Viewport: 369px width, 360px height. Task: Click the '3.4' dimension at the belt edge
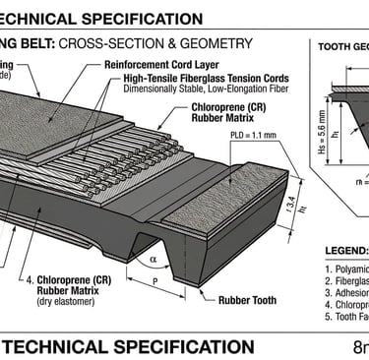[x=289, y=205]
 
